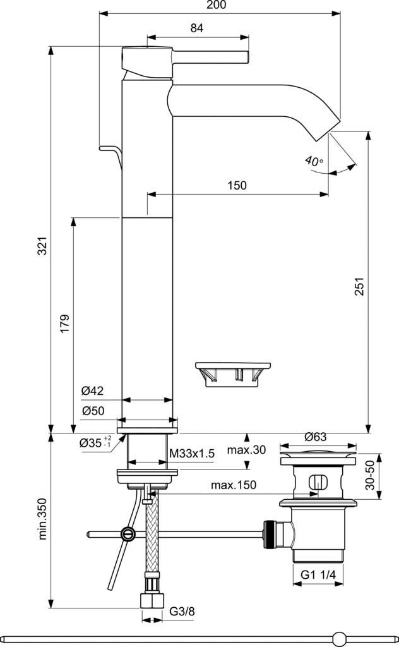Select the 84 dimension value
[x=197, y=28]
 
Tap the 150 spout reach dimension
[x=237, y=185]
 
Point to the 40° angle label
[x=314, y=161]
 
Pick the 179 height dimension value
[x=64, y=323]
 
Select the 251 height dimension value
[x=359, y=288]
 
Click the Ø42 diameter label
[x=92, y=392]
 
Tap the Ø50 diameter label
[x=92, y=411]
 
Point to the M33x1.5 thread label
[x=193, y=454]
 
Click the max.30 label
[x=247, y=450]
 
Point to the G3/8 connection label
[x=182, y=612]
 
